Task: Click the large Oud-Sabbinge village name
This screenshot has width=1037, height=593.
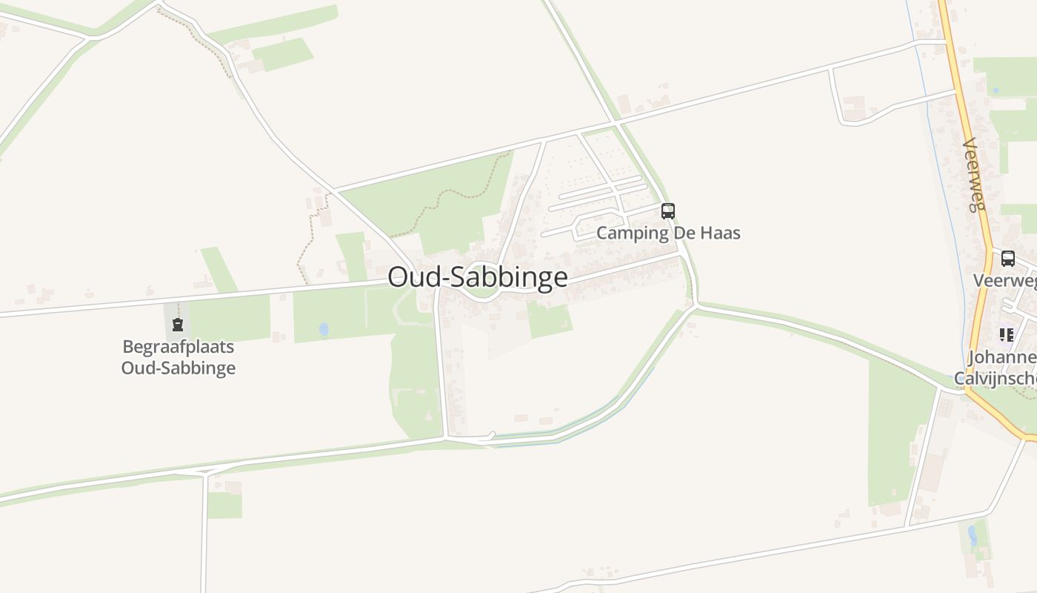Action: [x=478, y=277]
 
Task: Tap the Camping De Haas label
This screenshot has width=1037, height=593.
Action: [x=668, y=233]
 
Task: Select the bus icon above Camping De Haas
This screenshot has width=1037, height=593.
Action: [x=668, y=211]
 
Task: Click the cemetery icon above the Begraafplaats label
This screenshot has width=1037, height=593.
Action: [x=178, y=324]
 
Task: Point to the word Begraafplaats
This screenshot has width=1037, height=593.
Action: [x=178, y=346]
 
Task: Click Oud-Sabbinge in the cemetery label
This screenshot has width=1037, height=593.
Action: [x=178, y=368]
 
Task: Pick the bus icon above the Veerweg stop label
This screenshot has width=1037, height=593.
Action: [x=1008, y=259]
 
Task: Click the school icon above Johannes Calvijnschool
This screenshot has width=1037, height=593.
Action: [x=1006, y=335]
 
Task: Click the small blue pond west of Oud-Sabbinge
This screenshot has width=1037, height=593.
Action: [x=324, y=328]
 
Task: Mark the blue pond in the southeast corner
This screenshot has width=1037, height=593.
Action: [x=973, y=535]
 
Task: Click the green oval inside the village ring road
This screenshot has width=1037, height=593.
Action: [x=481, y=290]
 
